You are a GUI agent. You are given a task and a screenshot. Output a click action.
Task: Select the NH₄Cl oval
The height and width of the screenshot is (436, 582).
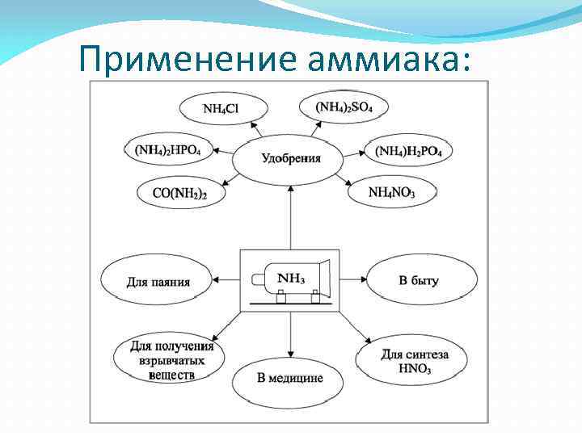point(220,108)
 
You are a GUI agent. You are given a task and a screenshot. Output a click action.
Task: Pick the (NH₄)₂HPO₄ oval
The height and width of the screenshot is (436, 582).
point(167,150)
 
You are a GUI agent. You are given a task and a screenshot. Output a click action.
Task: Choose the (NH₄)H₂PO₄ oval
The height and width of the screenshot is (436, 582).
point(409,151)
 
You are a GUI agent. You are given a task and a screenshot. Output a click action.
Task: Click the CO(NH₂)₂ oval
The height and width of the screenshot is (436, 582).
point(179,193)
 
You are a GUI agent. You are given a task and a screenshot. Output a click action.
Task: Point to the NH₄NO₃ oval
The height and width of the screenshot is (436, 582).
point(392,192)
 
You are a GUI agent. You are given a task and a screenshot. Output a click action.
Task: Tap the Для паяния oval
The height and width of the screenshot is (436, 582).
point(158,282)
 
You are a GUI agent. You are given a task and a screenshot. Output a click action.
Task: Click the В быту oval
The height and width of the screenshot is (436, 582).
point(419,281)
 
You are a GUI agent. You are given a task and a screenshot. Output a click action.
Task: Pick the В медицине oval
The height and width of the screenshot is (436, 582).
point(289,377)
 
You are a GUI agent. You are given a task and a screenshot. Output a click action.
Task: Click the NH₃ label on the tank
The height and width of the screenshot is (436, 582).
point(291,279)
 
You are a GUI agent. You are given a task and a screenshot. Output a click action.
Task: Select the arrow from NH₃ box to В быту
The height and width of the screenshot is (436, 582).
point(352,281)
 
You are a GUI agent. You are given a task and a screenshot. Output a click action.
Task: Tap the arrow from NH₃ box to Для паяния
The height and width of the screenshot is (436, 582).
point(227,281)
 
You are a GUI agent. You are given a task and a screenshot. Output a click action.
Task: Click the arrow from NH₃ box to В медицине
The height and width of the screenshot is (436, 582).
point(290,334)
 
